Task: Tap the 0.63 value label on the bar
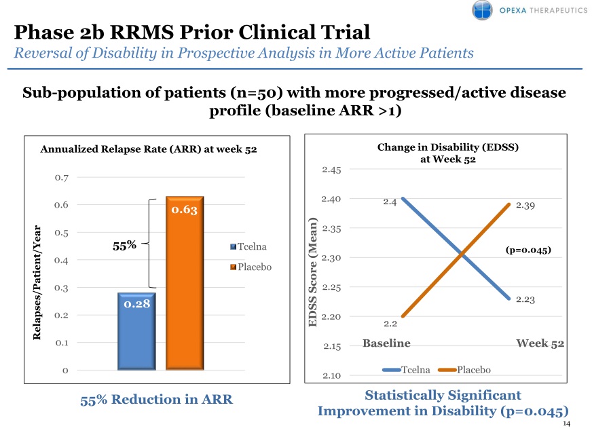pyautogui.click(x=185, y=210)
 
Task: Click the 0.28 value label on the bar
pyautogui.click(x=136, y=304)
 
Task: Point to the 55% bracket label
pyautogui.click(x=124, y=246)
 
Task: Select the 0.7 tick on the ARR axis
pyautogui.click(x=62, y=178)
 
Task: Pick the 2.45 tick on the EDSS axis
pyautogui.click(x=332, y=169)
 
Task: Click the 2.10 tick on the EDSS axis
pyautogui.click(x=332, y=375)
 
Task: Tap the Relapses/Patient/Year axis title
pyautogui.click(x=38, y=282)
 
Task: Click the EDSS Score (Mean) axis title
pyautogui.click(x=313, y=272)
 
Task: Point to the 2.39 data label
pyautogui.click(x=527, y=206)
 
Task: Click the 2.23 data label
pyautogui.click(x=527, y=299)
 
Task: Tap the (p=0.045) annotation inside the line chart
pyautogui.click(x=528, y=250)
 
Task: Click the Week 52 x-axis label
pyautogui.click(x=540, y=343)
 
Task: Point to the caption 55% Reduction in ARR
pyautogui.click(x=156, y=400)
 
